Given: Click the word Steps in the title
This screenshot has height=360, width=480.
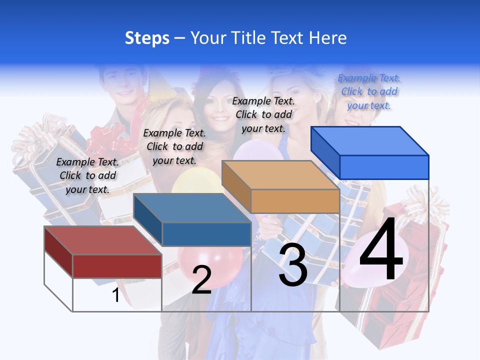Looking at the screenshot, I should point(147,38).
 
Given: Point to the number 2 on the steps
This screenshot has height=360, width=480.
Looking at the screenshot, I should point(201,280).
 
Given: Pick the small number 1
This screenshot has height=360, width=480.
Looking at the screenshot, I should point(115,295).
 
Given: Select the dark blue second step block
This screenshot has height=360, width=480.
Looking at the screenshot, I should point(192,220).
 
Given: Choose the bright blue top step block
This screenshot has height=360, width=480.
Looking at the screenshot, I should point(370,153).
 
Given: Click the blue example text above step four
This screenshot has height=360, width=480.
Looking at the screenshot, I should point(369,91).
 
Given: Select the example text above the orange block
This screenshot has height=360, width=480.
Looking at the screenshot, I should point(263,114).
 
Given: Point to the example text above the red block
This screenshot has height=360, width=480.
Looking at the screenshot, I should point(87,175).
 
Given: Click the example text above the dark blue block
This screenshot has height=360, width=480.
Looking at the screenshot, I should point(174,146).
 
